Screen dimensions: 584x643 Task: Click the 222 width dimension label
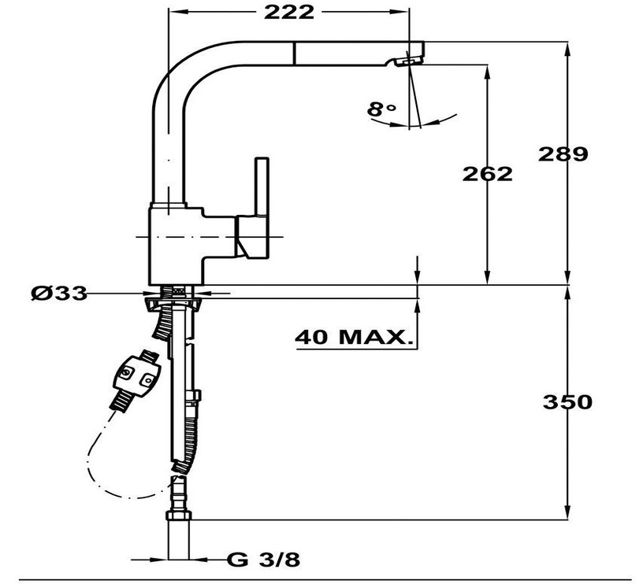290,12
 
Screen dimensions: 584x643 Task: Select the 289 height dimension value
563,153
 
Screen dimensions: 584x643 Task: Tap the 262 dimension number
487,173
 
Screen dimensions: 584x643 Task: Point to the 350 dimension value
567,401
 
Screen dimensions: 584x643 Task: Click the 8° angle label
381,109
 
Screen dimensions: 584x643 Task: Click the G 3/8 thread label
264,560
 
